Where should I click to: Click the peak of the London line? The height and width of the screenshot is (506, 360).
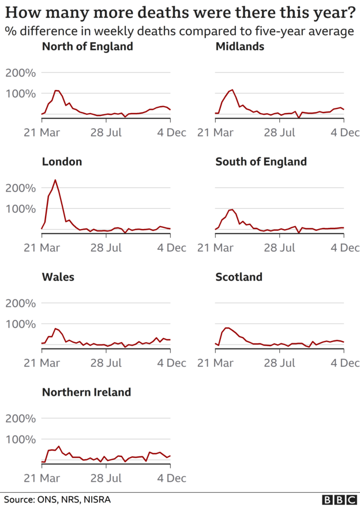pyautogui.click(x=55, y=180)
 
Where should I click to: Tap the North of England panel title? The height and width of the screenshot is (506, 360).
pyautogui.click(x=87, y=46)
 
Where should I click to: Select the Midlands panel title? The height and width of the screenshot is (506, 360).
pyautogui.click(x=239, y=46)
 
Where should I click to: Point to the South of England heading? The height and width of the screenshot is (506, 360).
pyautogui.click(x=261, y=162)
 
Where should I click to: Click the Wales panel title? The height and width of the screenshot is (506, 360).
pyautogui.click(x=58, y=277)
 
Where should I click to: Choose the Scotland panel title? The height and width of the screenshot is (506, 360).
pyautogui.click(x=238, y=277)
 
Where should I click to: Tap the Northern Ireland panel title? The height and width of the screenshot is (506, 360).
pyautogui.click(x=86, y=392)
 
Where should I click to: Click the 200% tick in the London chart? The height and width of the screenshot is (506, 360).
pyautogui.click(x=21, y=188)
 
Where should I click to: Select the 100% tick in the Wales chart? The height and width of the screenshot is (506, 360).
pyautogui.click(x=21, y=324)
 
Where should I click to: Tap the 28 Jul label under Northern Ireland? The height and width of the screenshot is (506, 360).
pyautogui.click(x=106, y=478)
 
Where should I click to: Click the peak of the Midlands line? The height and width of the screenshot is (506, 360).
pyautogui.click(x=232, y=90)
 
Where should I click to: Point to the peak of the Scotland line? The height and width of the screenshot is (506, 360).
pyautogui.click(x=227, y=328)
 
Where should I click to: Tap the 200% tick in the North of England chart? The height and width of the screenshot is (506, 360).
pyautogui.click(x=21, y=73)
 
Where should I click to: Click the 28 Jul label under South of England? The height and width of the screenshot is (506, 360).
pyautogui.click(x=279, y=248)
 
